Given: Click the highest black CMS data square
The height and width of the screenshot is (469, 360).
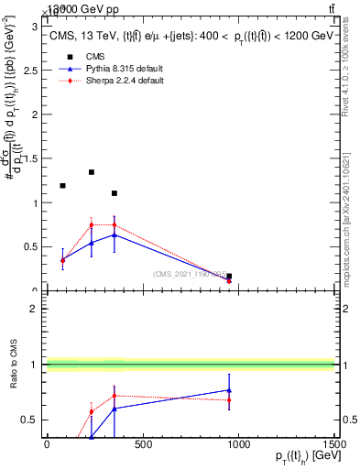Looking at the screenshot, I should (92, 172).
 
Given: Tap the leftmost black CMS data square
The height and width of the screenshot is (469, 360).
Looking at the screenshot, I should (62, 186).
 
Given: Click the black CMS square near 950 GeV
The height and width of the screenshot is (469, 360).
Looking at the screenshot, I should (229, 276).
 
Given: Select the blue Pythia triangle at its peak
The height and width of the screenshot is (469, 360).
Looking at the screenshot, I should (115, 234).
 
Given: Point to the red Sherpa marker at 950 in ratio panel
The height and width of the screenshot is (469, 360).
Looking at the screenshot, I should (229, 399).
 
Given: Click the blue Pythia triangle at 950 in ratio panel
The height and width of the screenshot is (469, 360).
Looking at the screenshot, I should (229, 390).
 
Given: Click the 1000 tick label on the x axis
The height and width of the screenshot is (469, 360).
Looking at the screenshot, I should (239, 445).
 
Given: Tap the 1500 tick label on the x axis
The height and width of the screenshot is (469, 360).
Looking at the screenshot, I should (335, 445).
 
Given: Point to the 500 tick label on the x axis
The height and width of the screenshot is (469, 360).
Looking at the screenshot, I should (142, 445).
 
